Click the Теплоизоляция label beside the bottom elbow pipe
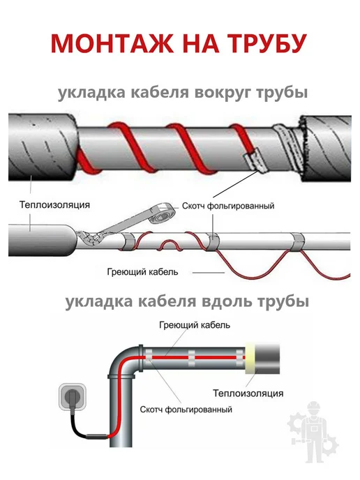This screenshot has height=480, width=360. pos(248,393)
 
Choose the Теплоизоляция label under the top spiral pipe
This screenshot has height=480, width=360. pos(55,204)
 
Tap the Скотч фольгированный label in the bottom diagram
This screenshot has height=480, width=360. pos(186,410)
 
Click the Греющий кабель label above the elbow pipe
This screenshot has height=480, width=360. pos(195,325)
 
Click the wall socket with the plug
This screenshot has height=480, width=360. pos(73,397)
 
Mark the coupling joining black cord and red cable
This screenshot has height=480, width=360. pos(98,437)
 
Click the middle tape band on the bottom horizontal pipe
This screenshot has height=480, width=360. pos(191,358)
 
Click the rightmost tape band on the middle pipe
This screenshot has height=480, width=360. pos(297,242)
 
